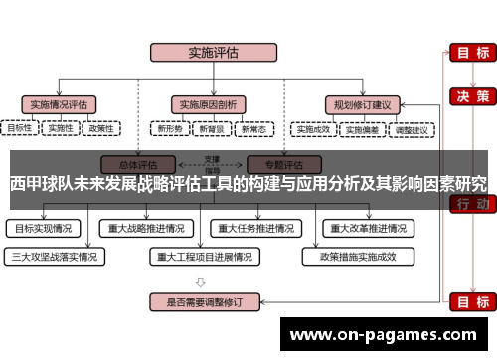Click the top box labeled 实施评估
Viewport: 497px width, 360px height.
206,53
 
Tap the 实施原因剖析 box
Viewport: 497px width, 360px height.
206,102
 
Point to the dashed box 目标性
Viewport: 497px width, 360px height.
21,128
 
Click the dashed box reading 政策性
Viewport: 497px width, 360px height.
101,128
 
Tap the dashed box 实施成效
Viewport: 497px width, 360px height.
312,128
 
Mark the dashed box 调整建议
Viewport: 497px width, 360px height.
412,128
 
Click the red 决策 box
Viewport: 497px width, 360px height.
470,95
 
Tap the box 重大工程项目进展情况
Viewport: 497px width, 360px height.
206,256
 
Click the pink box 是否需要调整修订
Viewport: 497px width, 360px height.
206,300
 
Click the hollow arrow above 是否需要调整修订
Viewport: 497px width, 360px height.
206,279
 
